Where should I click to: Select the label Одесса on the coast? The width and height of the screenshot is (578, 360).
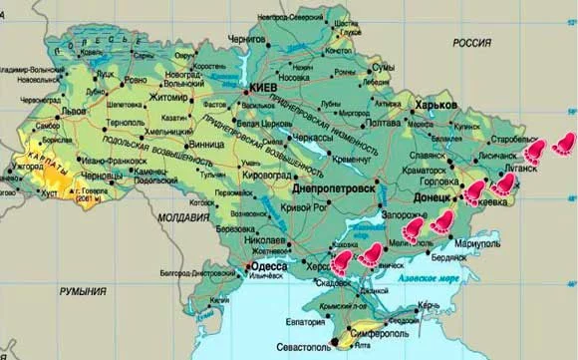pos(268,267)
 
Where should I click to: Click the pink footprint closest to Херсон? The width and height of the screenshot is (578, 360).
pos(344,262)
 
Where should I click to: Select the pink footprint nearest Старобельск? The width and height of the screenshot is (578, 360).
pos(536,150)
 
